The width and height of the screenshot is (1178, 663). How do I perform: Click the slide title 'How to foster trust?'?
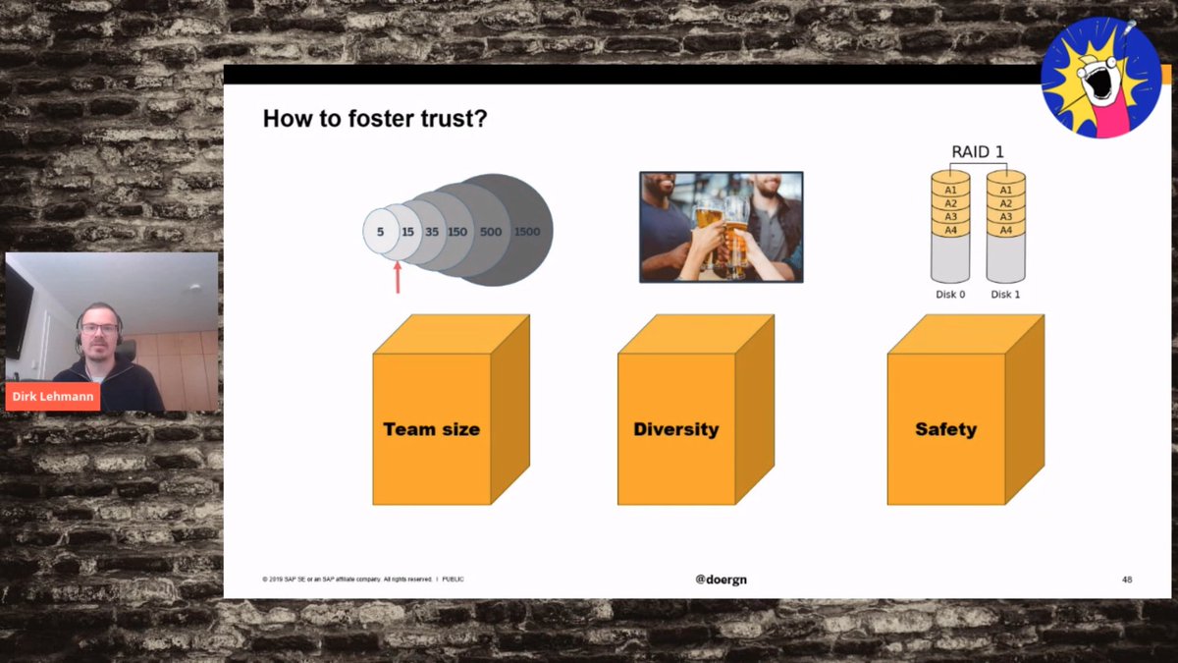(x=375, y=120)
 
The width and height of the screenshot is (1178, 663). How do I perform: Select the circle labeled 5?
(x=378, y=233)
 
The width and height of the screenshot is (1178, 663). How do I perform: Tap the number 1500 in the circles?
(x=527, y=232)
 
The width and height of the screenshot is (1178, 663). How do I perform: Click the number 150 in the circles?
(x=457, y=232)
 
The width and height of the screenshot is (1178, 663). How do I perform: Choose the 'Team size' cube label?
(x=431, y=429)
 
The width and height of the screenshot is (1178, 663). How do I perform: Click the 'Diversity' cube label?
(x=675, y=429)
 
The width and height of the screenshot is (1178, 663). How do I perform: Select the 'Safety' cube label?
(x=945, y=429)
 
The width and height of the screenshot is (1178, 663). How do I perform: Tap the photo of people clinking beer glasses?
(x=721, y=227)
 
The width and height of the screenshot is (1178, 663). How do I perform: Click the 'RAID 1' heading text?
(x=978, y=152)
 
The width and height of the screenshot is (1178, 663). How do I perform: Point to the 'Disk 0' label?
(x=949, y=294)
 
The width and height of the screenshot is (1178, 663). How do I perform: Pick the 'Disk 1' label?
(x=1005, y=294)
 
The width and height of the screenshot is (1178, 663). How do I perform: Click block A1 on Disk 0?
(x=950, y=190)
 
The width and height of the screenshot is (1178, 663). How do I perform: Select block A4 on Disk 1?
(x=1005, y=230)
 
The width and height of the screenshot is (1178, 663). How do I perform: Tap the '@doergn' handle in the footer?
(x=721, y=580)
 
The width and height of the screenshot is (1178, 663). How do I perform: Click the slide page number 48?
(x=1127, y=580)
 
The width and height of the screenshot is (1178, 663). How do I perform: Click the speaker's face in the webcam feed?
(x=100, y=332)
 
